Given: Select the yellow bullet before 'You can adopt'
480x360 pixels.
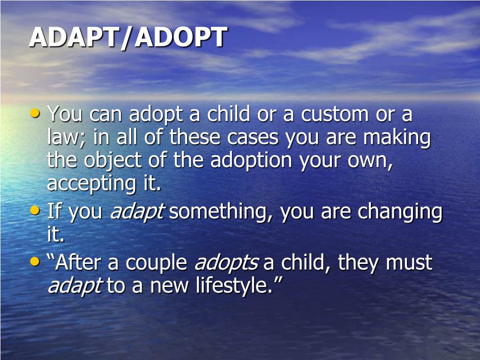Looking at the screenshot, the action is pyautogui.click(x=35, y=113).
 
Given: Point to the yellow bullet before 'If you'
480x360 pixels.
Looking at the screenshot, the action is pyautogui.click(x=35, y=210).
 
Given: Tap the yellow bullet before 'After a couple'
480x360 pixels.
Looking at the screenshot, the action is pyautogui.click(x=35, y=262).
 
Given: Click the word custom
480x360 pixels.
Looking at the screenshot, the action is pyautogui.click(x=335, y=114).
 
